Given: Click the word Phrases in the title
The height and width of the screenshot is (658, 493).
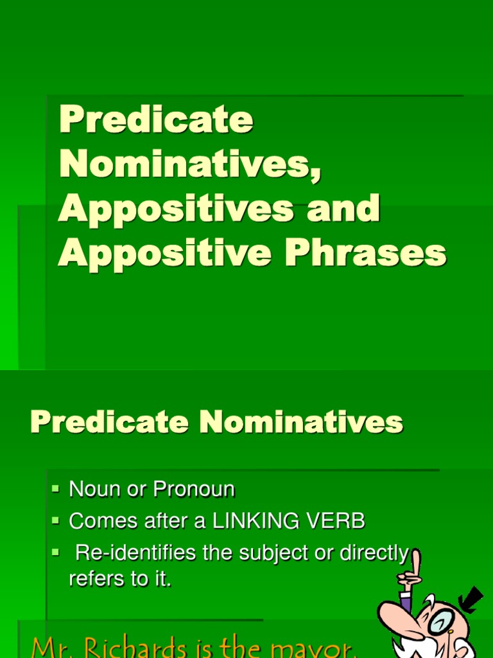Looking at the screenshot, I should click(365, 253).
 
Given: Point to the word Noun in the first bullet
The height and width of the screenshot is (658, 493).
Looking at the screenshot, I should click(86, 490).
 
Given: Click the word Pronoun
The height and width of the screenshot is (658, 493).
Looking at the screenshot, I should click(193, 490).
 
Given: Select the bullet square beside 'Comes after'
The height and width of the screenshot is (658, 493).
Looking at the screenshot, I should click(56, 520).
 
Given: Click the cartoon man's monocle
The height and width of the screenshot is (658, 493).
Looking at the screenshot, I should click(443, 621).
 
